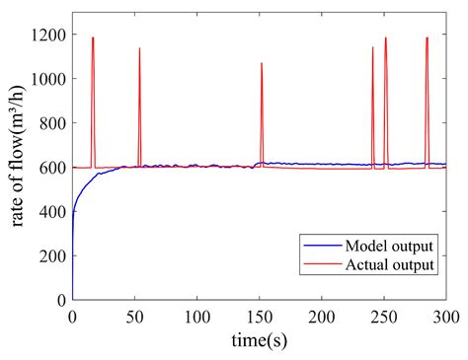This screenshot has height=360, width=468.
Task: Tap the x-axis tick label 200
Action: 321,318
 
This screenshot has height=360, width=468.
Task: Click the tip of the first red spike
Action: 93,37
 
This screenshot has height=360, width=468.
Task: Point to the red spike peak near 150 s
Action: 262,63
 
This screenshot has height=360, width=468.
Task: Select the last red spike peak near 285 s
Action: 427,37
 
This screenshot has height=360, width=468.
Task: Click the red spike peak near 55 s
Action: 139,48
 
